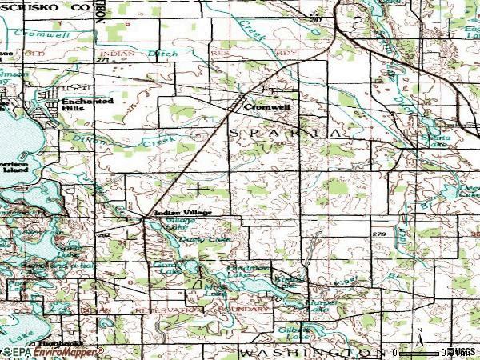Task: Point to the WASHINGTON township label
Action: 307,352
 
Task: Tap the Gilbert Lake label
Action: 293,332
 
